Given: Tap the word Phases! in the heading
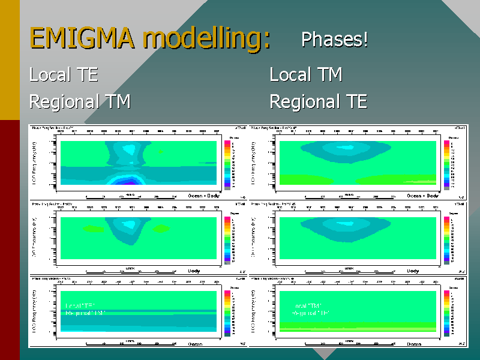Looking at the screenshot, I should tap(334, 40).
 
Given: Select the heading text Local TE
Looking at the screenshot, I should tap(64, 75).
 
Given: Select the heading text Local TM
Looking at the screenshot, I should tap(306, 75).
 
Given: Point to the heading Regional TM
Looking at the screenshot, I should tap(80, 101).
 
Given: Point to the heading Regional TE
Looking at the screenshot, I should tap(318, 101).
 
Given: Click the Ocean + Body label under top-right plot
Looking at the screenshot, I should tap(422, 196).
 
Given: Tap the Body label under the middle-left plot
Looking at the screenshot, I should tap(194, 271).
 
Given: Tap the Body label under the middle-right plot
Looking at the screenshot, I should tap(413, 271).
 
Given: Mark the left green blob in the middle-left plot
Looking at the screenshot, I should tap(93, 229).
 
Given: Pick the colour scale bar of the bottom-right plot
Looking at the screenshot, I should tap(446, 313).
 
